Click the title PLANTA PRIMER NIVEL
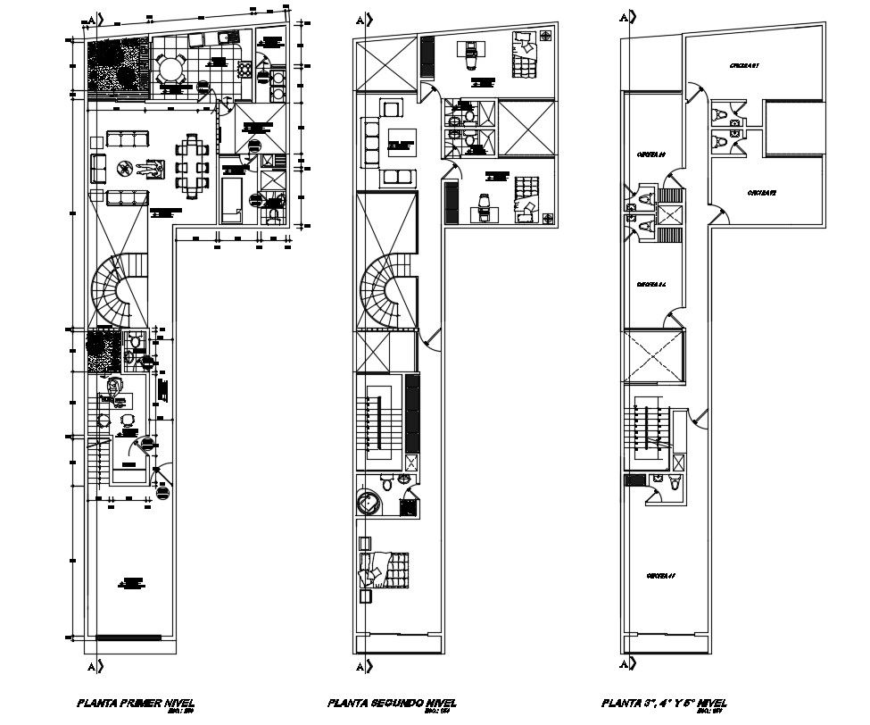[135, 703]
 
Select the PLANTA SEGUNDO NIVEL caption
[386, 703]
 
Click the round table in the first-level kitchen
[170, 69]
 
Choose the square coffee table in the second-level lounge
[400, 143]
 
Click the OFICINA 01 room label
[742, 65]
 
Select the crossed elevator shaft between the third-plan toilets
[669, 214]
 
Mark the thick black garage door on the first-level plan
[128, 637]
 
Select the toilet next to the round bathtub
[385, 483]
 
